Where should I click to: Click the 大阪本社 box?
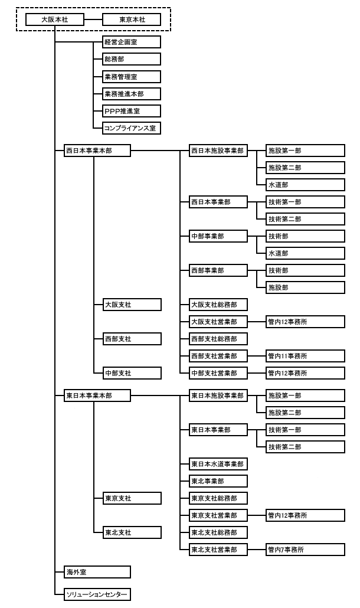point(55,19)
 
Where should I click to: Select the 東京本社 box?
point(132,19)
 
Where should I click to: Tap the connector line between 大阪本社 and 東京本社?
point(93,19)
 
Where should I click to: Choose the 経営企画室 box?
point(132,42)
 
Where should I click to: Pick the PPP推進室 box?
point(132,111)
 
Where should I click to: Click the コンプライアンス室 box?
point(132,128)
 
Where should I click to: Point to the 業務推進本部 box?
point(132,94)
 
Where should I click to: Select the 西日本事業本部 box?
point(97,151)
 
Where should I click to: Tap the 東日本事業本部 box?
point(97,395)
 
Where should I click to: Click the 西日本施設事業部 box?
point(218,151)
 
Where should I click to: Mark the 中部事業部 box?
point(218,236)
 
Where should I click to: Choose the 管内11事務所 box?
point(305,356)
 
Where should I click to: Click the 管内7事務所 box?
point(305,550)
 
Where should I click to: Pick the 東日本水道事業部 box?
point(218,464)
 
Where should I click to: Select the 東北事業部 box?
point(218,481)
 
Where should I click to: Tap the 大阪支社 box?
point(132,305)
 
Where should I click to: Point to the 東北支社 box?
point(132,532)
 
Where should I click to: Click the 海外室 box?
point(97,572)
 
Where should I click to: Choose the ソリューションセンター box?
point(97,594)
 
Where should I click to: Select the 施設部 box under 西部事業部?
point(305,287)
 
